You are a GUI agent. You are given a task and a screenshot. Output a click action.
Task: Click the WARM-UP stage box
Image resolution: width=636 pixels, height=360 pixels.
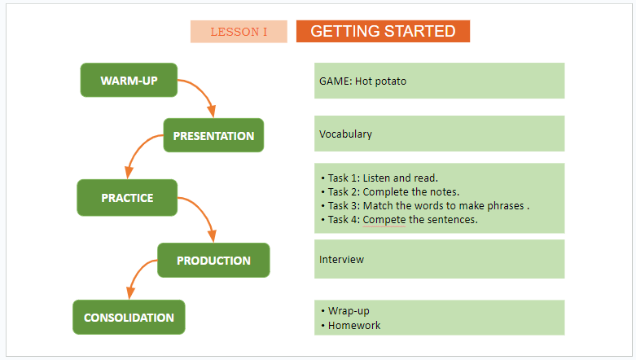[x=129, y=80]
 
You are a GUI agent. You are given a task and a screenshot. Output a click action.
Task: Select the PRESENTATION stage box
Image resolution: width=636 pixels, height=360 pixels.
[x=213, y=135]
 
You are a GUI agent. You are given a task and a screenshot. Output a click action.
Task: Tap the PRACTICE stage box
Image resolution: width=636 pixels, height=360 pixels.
[x=127, y=198]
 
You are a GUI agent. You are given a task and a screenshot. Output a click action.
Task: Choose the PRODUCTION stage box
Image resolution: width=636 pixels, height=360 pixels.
[x=213, y=260]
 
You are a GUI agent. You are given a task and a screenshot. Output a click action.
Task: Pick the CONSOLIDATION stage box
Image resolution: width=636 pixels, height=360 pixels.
[x=129, y=318]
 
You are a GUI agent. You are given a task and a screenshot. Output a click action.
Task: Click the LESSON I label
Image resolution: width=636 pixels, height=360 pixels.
[x=239, y=32]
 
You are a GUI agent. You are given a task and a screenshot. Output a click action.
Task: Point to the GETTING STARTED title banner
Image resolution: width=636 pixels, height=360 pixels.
[x=384, y=31]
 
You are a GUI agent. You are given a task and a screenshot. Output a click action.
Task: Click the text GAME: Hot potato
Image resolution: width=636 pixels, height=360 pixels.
[x=362, y=81]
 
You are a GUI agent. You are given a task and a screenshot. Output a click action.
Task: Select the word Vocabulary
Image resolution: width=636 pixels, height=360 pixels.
[x=345, y=134]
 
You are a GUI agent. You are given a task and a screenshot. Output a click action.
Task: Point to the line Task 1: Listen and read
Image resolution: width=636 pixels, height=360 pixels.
[x=379, y=178]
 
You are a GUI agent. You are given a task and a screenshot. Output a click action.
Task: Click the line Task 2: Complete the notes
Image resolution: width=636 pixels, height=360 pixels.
[x=390, y=191]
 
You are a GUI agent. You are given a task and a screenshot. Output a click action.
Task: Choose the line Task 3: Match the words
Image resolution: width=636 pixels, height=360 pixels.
[x=425, y=206]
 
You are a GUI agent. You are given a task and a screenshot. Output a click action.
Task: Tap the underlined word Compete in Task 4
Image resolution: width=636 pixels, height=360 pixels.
[x=384, y=220]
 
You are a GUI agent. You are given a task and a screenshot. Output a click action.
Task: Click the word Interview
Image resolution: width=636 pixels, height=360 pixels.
[x=341, y=259]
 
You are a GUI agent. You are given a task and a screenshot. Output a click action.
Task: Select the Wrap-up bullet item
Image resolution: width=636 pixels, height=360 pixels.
[x=345, y=311]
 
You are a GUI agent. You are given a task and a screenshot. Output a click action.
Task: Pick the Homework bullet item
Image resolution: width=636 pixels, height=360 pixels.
[x=351, y=325]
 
